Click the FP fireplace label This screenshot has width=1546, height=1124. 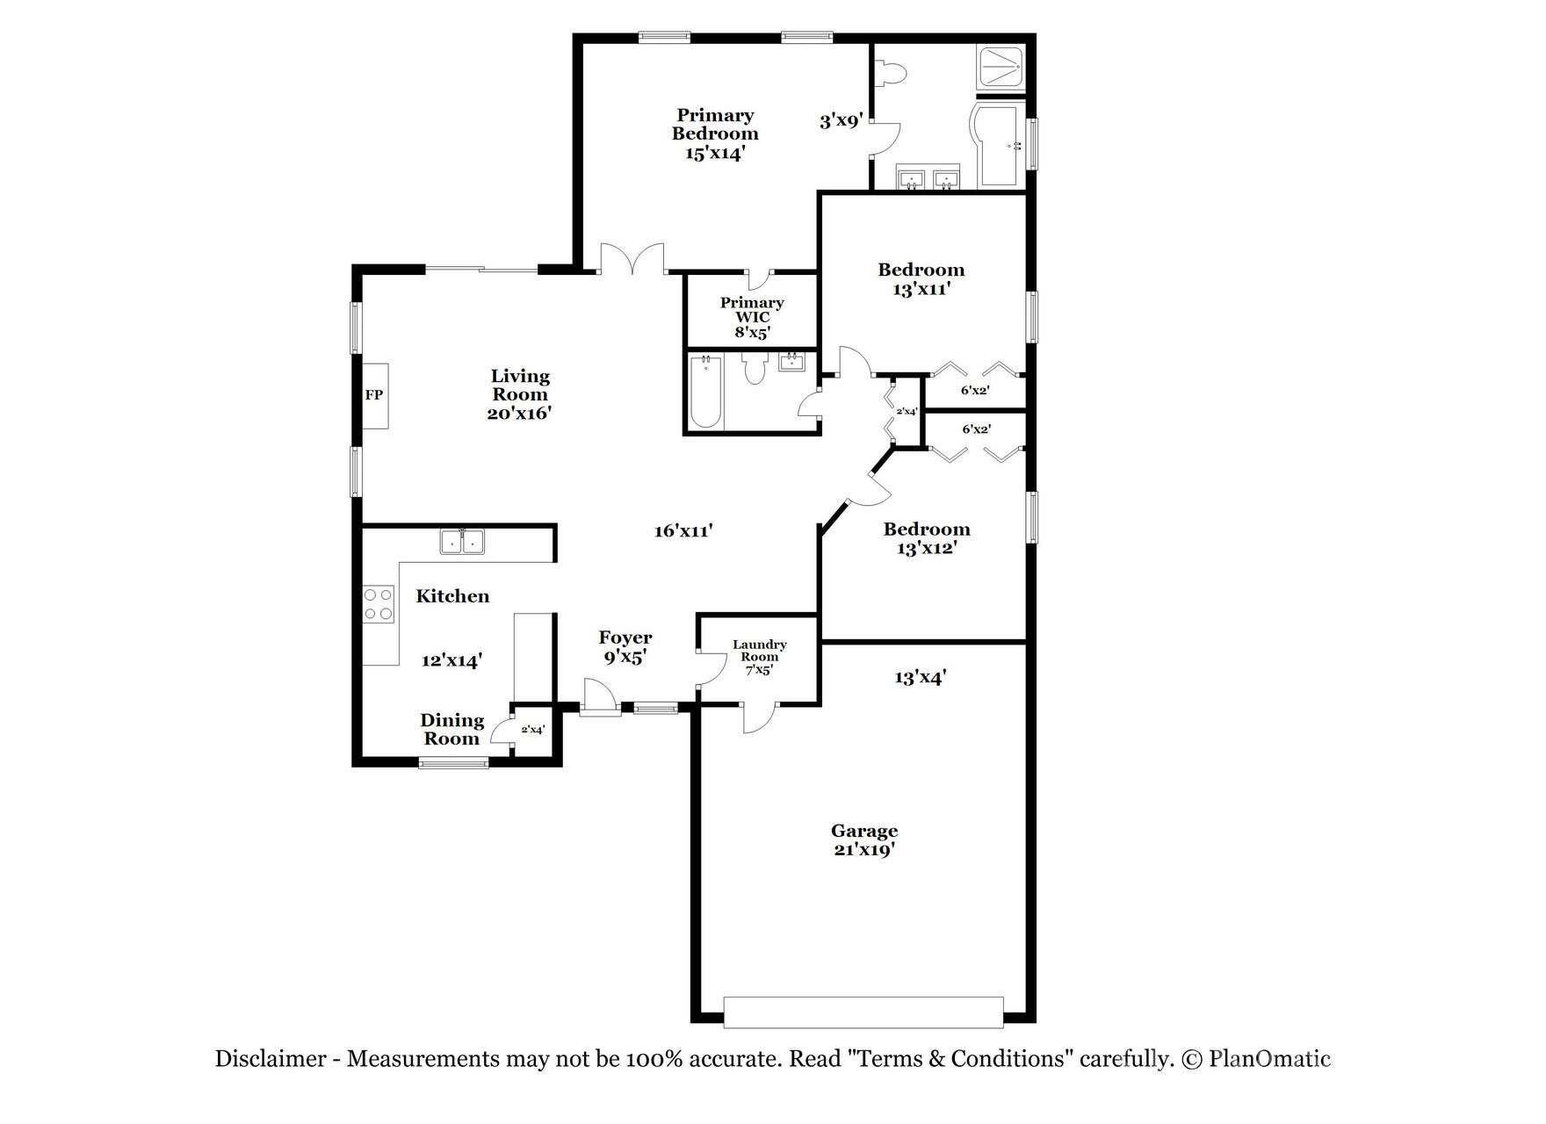(374, 395)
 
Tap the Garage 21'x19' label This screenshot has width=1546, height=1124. (864, 840)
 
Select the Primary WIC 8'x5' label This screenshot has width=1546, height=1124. (752, 317)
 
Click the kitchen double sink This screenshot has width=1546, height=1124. (462, 542)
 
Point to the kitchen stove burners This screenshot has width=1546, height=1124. (379, 604)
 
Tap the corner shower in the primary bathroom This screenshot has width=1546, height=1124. (1001, 67)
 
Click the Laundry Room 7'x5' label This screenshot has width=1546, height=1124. (759, 657)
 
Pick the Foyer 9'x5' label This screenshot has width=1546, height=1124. (625, 647)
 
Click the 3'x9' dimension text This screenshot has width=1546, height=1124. (842, 120)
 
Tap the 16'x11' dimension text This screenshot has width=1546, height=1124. (683, 530)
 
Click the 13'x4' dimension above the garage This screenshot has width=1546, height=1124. (920, 677)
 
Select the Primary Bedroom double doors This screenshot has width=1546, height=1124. (632, 260)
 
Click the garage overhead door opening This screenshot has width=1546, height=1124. (863, 1012)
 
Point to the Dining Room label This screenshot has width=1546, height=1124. (452, 729)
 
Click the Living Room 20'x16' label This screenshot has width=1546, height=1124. (519, 394)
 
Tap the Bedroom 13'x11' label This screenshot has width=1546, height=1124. (921, 279)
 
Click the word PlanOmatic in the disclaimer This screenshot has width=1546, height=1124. (1269, 1059)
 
